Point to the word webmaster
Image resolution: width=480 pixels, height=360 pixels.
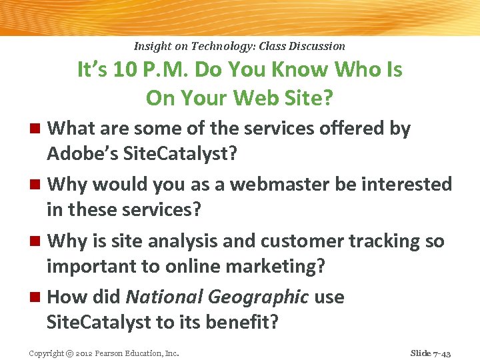(x=262, y=183)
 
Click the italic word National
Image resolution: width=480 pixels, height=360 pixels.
(x=158, y=297)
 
